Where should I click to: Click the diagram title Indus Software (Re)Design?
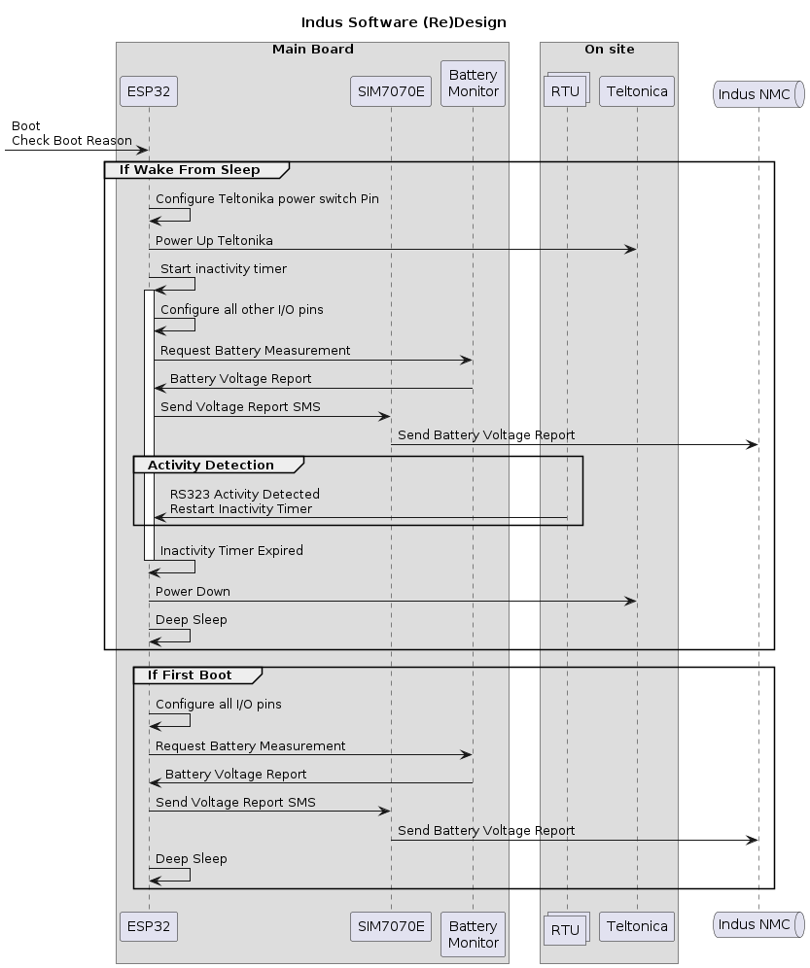pos(404,21)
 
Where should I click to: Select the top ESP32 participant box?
pos(149,92)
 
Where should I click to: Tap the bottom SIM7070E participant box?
pos(391,926)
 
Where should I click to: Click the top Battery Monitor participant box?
pos(473,84)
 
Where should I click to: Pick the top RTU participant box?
pos(567,93)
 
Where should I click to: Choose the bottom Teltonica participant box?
pos(637,926)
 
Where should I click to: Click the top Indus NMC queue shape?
pos(758,93)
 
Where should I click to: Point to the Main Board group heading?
pos(312,49)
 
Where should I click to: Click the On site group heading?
pos(609,49)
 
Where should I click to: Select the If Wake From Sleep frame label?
pos(190,170)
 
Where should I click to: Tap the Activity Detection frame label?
pos(211,465)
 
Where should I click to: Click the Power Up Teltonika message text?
pos(214,240)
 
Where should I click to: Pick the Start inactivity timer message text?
pos(224,268)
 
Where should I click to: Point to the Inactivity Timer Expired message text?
pos(231,550)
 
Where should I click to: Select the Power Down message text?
pos(193,591)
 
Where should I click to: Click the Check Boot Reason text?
pos(72,141)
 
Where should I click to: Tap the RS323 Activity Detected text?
pos(244,495)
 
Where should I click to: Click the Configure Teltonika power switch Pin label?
pos(267,198)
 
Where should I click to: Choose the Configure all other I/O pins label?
pos(242,309)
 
